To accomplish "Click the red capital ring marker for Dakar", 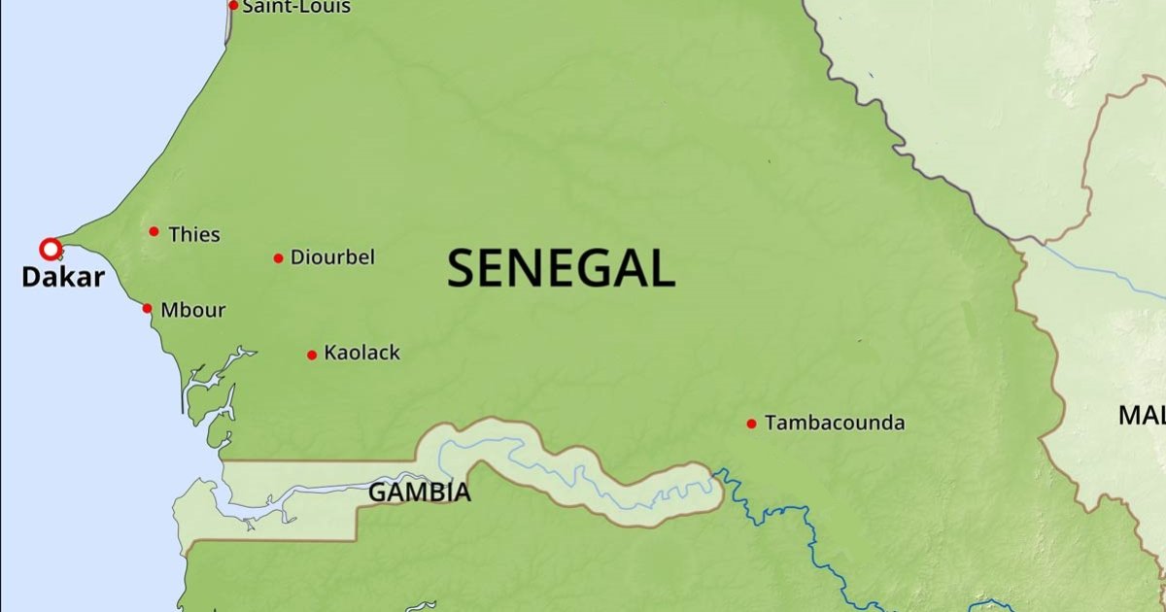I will [x=50, y=248].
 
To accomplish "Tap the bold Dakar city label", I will [x=62, y=278].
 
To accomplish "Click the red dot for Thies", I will [x=154, y=231].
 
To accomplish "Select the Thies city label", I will [x=194, y=234].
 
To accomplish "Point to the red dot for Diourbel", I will [x=278, y=258].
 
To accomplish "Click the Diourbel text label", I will [x=332, y=257].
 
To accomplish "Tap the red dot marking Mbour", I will [x=147, y=309].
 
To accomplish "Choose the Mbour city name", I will [x=192, y=311].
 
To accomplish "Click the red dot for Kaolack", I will [x=312, y=355].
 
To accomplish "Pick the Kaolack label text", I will [x=361, y=353].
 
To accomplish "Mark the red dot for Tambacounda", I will [x=751, y=424].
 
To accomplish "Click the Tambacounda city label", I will [x=835, y=423].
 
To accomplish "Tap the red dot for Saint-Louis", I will [x=233, y=5].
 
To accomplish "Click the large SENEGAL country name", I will [x=561, y=268].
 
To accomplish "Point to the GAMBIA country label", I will [x=419, y=493].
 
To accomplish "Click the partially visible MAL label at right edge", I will [x=1141, y=416].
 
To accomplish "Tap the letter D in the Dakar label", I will [x=31, y=278].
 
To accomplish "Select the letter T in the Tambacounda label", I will [x=772, y=423].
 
